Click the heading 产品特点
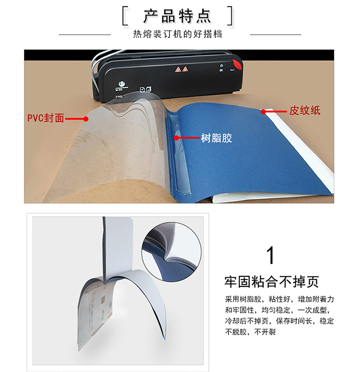177,16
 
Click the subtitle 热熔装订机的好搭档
178,34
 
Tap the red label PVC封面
46,118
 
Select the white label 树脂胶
216,138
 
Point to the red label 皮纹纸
304,111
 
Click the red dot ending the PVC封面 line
86,119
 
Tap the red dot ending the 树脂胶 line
176,138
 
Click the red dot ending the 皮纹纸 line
263,112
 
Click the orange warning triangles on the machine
181,69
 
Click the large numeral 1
270,255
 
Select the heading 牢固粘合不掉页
272,282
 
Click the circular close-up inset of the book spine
171,252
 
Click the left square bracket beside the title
125,16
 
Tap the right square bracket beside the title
229,16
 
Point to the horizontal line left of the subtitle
85,35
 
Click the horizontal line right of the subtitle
276,35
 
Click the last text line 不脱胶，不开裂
250,332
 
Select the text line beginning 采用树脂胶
279,299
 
